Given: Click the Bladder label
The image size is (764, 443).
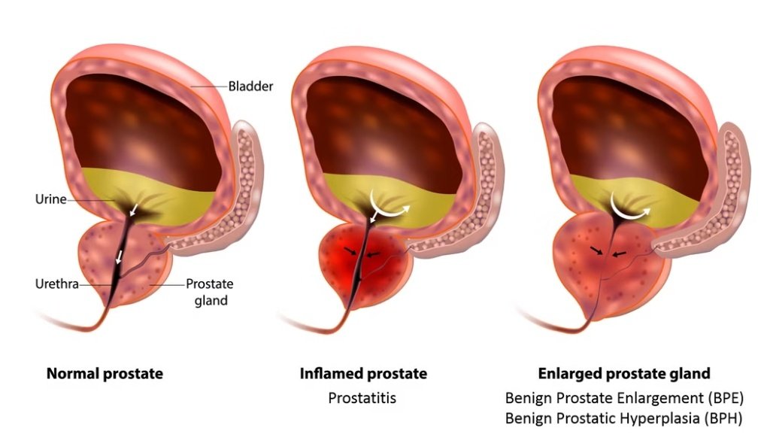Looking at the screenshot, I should [250, 86].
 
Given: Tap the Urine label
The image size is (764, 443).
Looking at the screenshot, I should [50, 199].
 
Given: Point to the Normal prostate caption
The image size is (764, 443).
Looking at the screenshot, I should [104, 373].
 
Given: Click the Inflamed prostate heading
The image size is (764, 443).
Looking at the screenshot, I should [363, 373].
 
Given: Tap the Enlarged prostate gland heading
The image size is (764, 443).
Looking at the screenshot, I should [624, 373].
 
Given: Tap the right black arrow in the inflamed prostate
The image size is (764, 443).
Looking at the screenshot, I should [374, 253].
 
